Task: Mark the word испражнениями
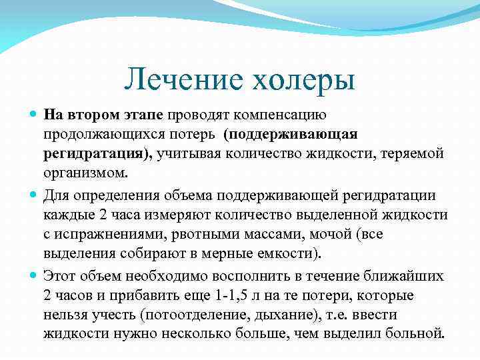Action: tap(106, 235)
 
